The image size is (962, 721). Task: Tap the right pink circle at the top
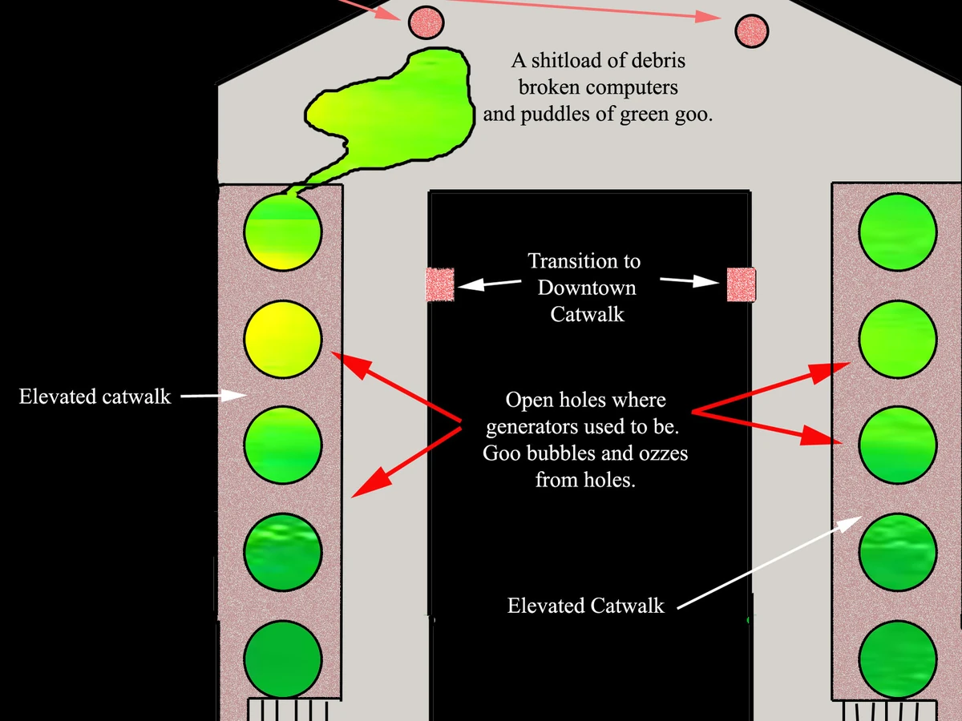coord(752,31)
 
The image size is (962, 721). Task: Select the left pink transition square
coord(439,284)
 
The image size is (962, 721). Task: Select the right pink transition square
coord(741,284)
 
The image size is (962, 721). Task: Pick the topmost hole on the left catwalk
coord(282,232)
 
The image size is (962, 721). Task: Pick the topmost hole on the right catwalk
coord(897,232)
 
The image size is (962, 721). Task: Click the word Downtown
coord(587,288)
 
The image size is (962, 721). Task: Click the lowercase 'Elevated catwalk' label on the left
coord(95,397)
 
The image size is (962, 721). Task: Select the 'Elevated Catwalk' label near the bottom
coord(585,606)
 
